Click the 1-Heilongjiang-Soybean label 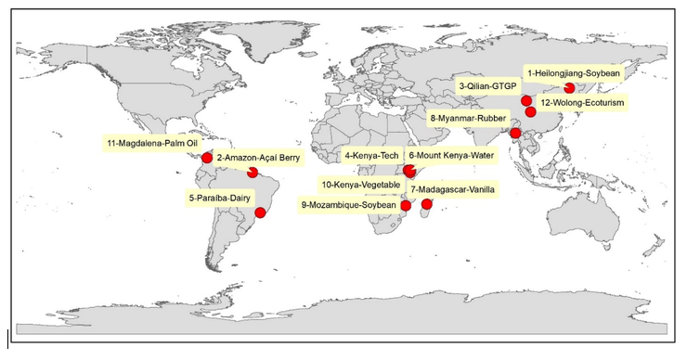(x=574, y=71)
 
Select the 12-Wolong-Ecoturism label (x=582, y=100)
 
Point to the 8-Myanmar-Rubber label (x=468, y=119)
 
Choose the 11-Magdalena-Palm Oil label (x=152, y=144)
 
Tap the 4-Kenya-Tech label (x=372, y=155)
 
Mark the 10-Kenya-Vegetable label (x=360, y=185)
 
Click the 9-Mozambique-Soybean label (x=349, y=205)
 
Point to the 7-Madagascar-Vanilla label (x=452, y=189)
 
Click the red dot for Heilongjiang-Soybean (x=569, y=88)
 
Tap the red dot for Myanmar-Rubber (x=515, y=133)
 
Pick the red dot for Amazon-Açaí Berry (x=253, y=173)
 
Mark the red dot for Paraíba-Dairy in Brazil (x=260, y=212)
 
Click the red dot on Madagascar (x=427, y=204)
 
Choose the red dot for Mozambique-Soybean (x=405, y=205)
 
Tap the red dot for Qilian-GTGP (x=526, y=100)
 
